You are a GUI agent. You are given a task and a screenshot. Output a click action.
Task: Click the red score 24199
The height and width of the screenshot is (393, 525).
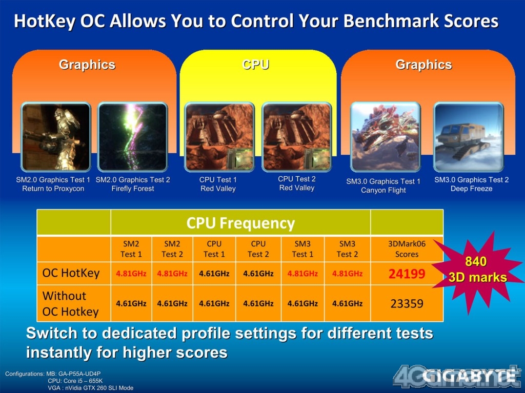point(407,274)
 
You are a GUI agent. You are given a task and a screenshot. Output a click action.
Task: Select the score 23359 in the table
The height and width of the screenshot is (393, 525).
point(407,304)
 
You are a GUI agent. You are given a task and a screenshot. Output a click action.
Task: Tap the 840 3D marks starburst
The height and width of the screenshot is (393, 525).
point(478,270)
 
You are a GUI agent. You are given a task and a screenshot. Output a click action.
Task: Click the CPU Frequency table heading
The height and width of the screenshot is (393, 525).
point(240,223)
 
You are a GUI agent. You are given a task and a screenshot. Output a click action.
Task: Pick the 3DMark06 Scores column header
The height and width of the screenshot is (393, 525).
point(407,249)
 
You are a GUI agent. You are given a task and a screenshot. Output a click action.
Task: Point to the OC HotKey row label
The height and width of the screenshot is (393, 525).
point(71,273)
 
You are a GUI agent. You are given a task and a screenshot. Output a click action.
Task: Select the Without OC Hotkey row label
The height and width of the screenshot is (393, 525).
point(71,304)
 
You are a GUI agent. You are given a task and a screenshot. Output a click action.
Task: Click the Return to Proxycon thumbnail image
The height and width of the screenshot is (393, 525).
point(55,137)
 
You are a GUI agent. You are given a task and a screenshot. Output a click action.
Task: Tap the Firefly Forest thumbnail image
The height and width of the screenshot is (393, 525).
point(133,137)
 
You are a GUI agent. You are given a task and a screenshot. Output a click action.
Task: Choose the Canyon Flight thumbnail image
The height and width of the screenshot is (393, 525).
point(385,137)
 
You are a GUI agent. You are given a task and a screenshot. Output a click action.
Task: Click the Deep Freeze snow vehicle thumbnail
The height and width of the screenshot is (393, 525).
point(469,137)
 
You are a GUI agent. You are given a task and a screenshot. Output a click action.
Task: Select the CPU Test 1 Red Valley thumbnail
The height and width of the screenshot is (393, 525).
point(219,137)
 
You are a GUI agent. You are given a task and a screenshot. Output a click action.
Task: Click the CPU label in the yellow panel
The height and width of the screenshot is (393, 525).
point(255,64)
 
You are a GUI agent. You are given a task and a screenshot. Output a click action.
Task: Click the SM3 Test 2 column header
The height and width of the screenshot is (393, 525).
point(347,249)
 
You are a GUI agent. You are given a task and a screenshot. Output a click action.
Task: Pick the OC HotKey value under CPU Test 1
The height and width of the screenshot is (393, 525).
point(214,274)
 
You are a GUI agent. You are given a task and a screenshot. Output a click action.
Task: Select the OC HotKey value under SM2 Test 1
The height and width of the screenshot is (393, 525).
point(131,274)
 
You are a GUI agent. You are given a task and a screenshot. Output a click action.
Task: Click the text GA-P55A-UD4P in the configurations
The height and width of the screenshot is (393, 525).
point(79,374)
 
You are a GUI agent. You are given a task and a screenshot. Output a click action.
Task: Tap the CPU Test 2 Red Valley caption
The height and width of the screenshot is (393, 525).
point(297,183)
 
